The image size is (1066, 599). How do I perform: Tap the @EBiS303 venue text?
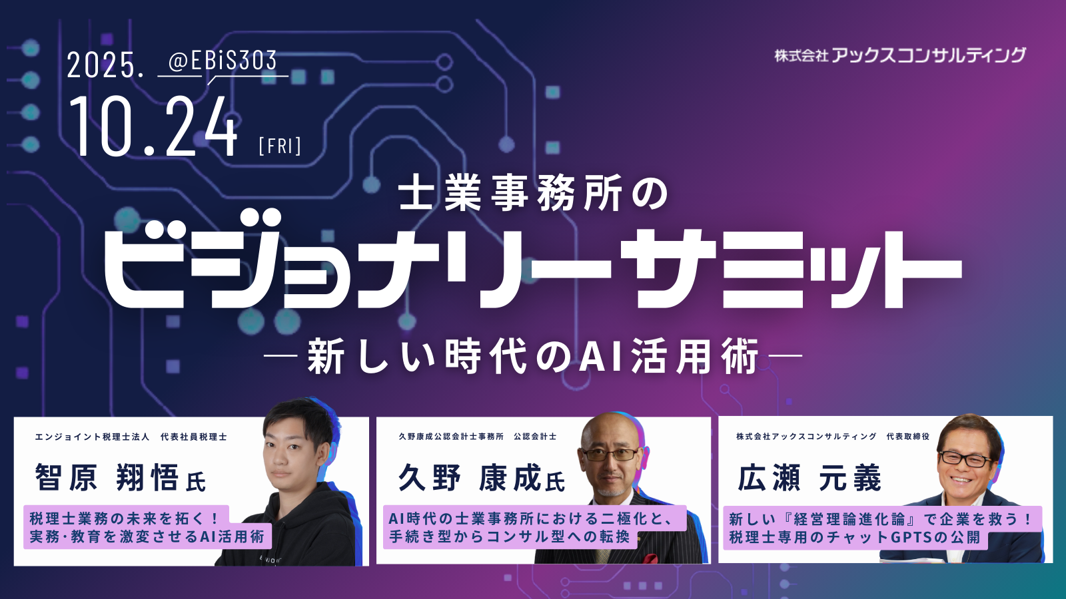[223, 61]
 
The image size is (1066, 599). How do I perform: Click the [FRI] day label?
[280, 146]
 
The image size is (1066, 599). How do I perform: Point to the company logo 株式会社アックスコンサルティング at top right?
[900, 56]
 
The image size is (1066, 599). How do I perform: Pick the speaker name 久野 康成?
[470, 477]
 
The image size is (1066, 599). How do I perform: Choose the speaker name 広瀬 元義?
[809, 477]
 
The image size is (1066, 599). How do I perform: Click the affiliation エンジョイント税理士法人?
[92, 437]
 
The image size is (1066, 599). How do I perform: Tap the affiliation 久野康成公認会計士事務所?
[450, 437]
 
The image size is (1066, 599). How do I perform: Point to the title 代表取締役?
[907, 437]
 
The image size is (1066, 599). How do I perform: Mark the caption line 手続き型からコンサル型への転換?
[510, 536]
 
